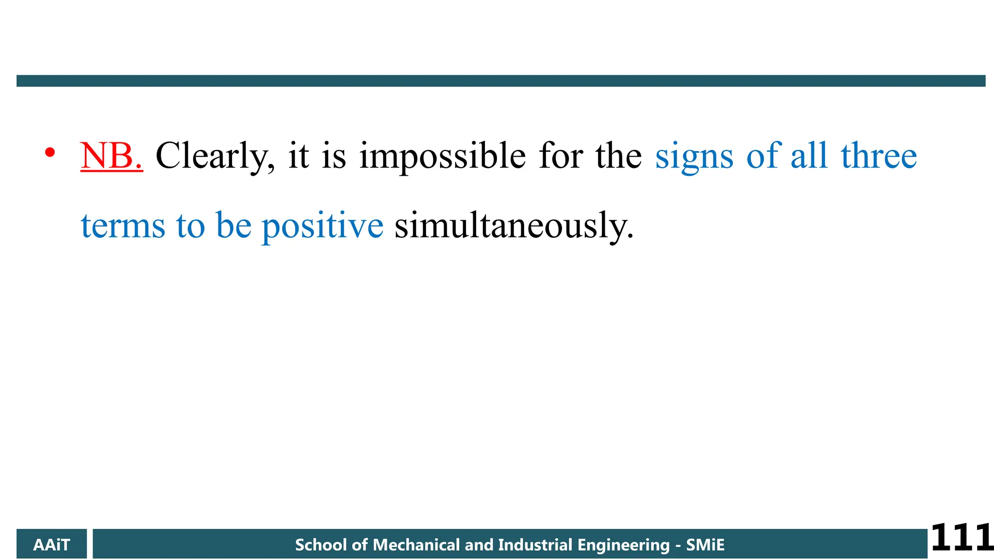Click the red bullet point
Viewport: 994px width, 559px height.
tap(50, 153)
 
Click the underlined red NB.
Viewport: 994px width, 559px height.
tap(112, 156)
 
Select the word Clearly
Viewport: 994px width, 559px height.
tap(215, 156)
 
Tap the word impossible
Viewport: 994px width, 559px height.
tap(442, 156)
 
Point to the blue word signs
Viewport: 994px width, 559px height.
tap(694, 156)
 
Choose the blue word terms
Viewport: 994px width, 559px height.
tap(123, 226)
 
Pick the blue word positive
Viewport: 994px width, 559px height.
tap(322, 226)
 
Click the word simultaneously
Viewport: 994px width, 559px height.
tap(514, 226)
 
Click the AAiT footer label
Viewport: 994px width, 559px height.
tap(51, 544)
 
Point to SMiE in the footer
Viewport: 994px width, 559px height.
tap(705, 544)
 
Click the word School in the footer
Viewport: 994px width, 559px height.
tap(321, 544)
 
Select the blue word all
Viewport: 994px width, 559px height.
tap(809, 156)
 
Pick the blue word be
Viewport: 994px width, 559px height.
tap(233, 226)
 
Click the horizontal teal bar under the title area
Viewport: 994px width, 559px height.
tap(501, 81)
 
